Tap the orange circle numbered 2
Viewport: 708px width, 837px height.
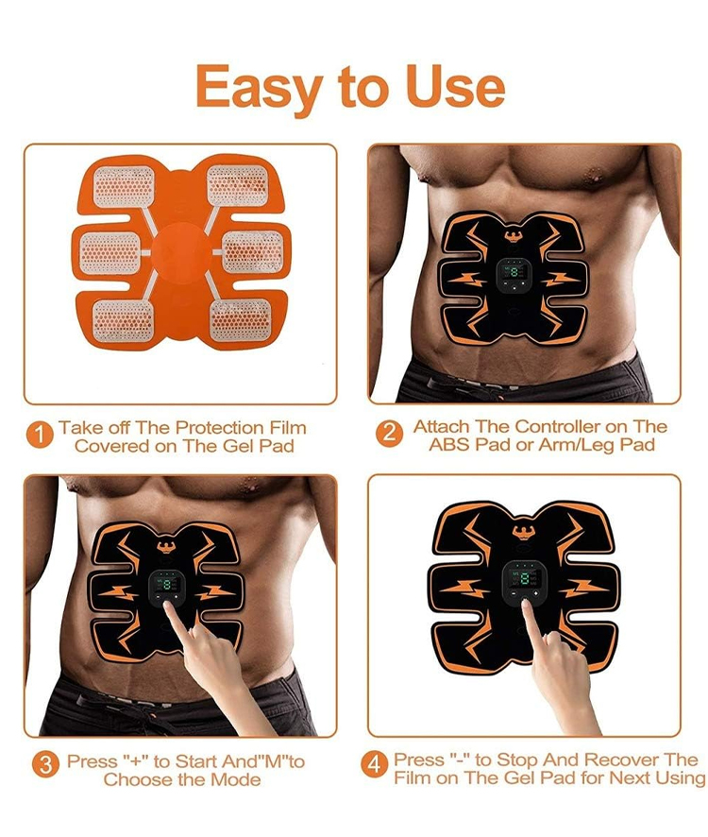click(389, 433)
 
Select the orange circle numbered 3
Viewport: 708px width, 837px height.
click(45, 765)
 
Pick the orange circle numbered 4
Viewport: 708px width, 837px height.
click(374, 764)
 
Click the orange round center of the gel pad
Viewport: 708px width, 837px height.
click(181, 252)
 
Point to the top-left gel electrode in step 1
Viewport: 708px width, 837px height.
click(125, 185)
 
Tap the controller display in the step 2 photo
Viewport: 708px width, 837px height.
click(514, 273)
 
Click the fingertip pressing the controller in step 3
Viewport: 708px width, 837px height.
click(168, 606)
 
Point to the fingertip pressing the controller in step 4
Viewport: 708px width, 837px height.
click(526, 604)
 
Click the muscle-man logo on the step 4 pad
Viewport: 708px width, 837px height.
click(524, 531)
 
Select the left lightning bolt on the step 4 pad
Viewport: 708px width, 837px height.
click(464, 589)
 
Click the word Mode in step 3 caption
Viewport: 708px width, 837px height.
click(235, 779)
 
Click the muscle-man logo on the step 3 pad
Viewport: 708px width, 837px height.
click(166, 545)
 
